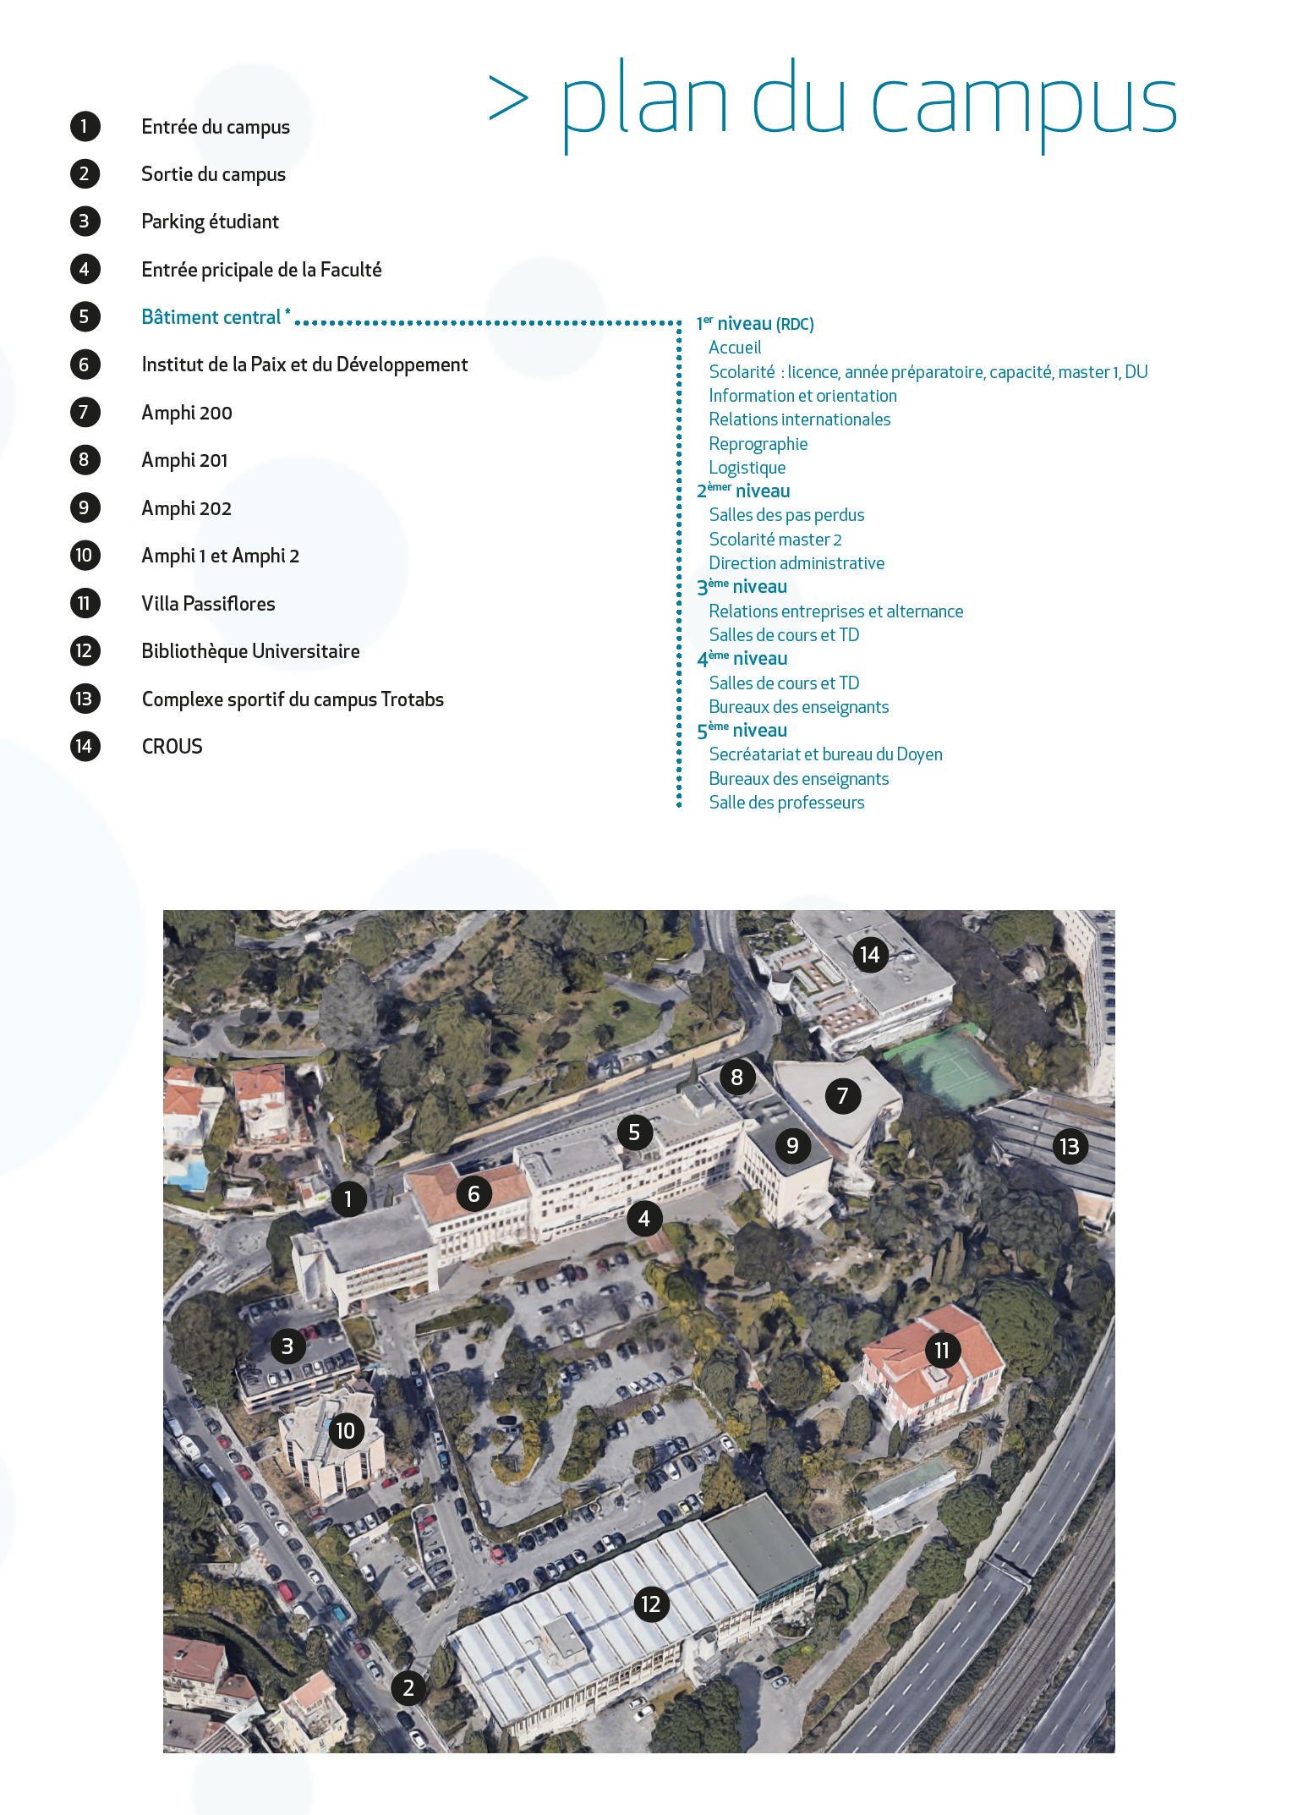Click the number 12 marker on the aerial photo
click(651, 1604)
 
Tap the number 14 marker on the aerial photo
click(869, 955)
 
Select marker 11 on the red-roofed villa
click(942, 1351)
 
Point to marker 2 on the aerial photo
click(408, 1688)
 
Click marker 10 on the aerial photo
click(345, 1431)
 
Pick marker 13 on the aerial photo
click(1070, 1147)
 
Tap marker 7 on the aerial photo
click(842, 1096)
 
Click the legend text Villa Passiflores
click(208, 604)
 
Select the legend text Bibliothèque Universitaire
click(250, 651)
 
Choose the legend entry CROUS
click(172, 747)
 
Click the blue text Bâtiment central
click(211, 317)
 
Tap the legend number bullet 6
click(85, 365)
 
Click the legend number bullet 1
click(85, 127)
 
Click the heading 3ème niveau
click(742, 587)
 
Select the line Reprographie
click(758, 444)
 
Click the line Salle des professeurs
click(786, 803)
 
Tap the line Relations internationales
click(799, 419)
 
